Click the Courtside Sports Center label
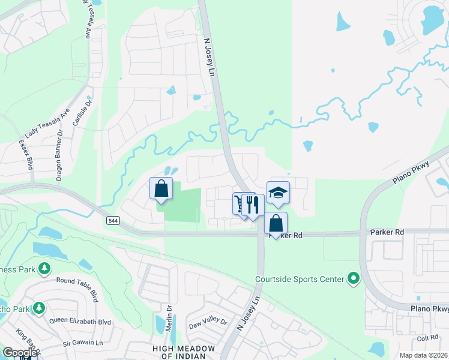click(300, 279)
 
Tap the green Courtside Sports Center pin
click(354, 278)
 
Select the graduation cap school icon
click(278, 193)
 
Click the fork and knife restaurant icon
click(253, 205)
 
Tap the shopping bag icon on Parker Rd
click(276, 223)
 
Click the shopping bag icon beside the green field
click(161, 188)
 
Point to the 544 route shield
click(112, 221)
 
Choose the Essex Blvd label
click(27, 152)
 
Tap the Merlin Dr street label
click(170, 317)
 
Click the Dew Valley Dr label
click(208, 322)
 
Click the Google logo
click(20, 352)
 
